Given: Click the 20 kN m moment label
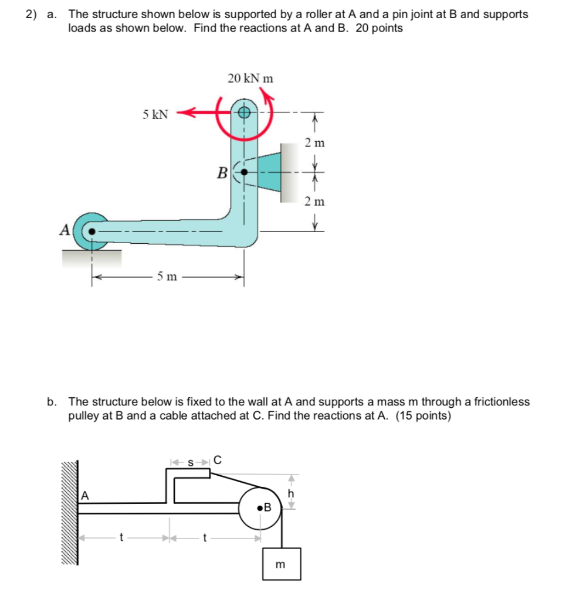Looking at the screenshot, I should click(x=250, y=79).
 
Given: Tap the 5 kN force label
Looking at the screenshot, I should click(x=155, y=114).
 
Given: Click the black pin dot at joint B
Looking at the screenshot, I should click(x=245, y=172).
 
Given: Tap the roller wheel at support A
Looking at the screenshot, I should click(x=92, y=231).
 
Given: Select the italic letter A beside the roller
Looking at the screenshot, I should click(x=65, y=230).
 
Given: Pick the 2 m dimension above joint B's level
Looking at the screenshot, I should click(x=314, y=142).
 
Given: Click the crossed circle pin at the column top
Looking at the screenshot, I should click(x=245, y=112).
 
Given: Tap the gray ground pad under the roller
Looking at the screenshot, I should click(x=92, y=257).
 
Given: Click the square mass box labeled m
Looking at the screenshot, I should click(x=281, y=564).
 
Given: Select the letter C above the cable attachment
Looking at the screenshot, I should click(x=217, y=460).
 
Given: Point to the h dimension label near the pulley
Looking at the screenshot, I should click(x=290, y=494).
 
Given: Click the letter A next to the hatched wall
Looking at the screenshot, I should click(x=85, y=496).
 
